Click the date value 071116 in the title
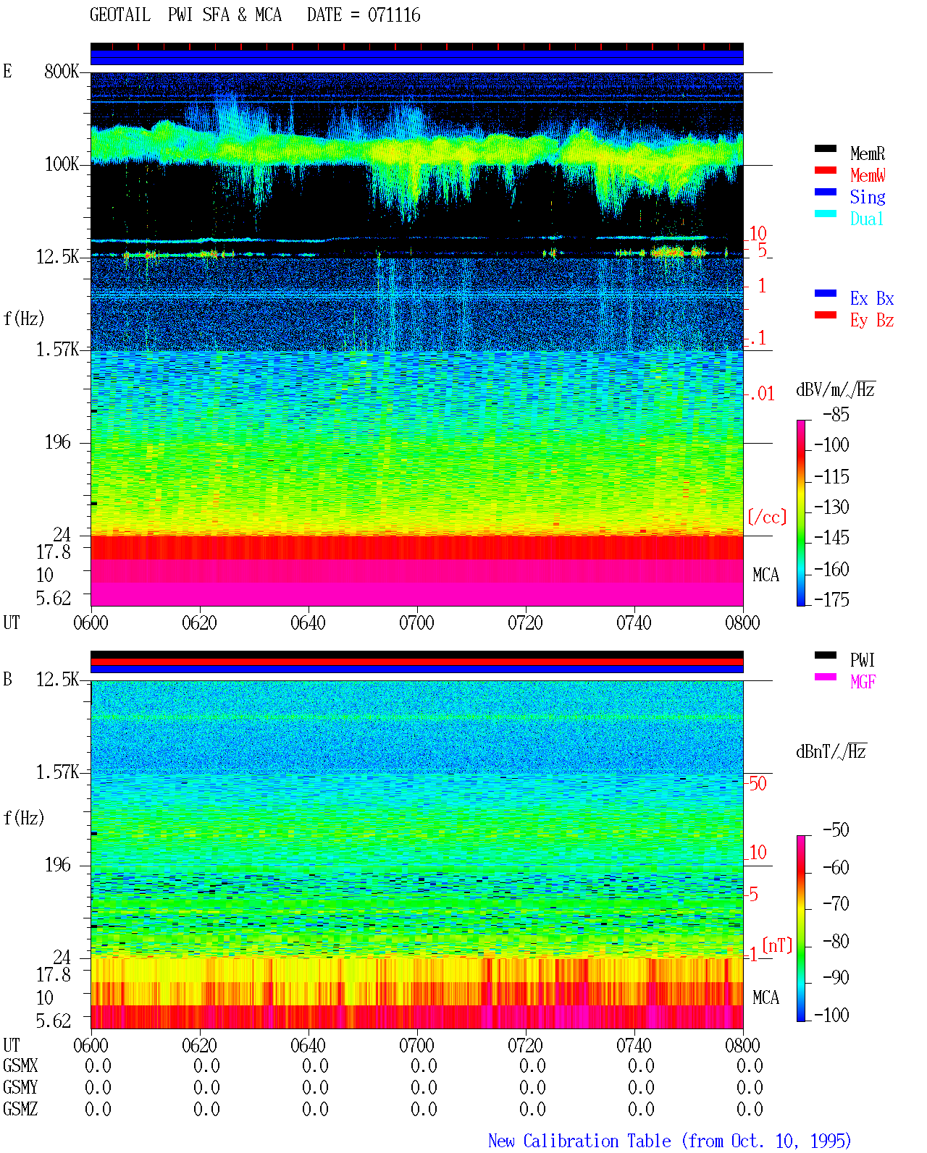(x=393, y=15)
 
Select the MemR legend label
(x=867, y=153)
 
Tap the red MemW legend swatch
(x=825, y=170)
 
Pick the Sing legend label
(x=867, y=197)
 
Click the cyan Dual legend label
(x=866, y=219)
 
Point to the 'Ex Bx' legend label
(x=871, y=298)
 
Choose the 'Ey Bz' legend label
(x=871, y=321)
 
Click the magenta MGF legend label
(x=863, y=682)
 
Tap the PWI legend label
(x=862, y=660)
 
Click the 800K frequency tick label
(x=62, y=71)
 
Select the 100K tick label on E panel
(x=62, y=164)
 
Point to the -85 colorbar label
(x=836, y=415)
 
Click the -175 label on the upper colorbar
(x=831, y=599)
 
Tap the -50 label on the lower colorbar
(x=836, y=830)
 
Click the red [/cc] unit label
(x=767, y=517)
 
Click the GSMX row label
(x=20, y=1065)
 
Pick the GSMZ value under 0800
(x=750, y=1109)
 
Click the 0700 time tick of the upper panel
(x=416, y=622)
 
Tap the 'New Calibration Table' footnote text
(x=579, y=1141)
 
